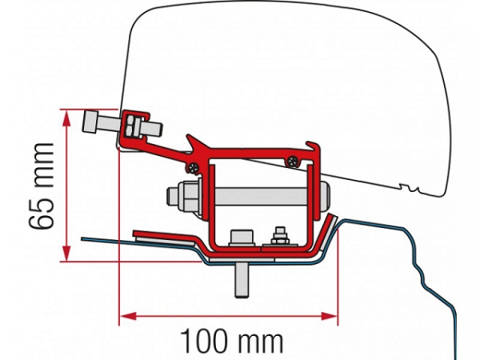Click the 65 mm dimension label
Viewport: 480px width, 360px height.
point(42,186)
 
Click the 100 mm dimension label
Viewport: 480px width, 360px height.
point(231,341)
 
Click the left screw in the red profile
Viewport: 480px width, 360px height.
point(193,167)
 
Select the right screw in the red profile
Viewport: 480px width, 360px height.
point(293,161)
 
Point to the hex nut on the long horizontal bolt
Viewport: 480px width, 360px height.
point(184,196)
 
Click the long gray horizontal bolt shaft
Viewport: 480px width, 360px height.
point(260,197)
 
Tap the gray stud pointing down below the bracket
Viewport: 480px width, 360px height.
point(242,279)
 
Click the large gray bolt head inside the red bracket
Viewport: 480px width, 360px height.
point(242,238)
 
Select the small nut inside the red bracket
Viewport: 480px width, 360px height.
point(280,236)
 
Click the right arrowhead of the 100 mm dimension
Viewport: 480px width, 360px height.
point(329,316)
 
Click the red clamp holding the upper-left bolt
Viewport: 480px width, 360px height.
point(136,126)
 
